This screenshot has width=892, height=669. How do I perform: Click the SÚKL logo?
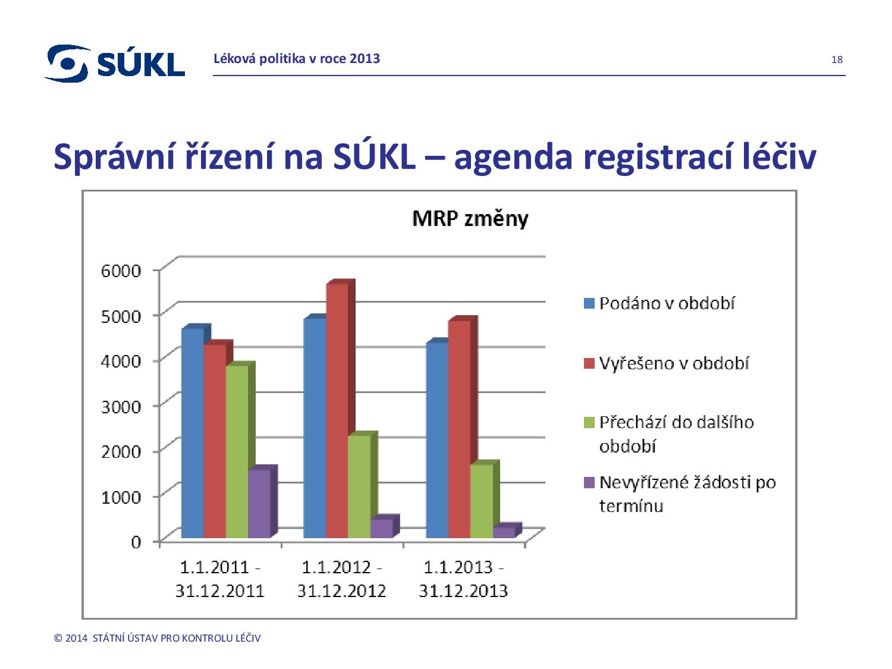pos(115,62)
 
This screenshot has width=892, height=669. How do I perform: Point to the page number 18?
pos(837,59)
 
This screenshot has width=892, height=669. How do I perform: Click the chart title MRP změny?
pos(470,219)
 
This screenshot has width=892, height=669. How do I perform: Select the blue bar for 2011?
pos(192,434)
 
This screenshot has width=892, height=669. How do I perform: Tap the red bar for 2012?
pos(337,410)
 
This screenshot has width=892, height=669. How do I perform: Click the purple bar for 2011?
pos(259,504)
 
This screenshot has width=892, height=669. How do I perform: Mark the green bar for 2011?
pos(237,451)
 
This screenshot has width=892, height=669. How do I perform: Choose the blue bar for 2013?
pos(437,440)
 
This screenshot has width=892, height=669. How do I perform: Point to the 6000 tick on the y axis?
pos(121,271)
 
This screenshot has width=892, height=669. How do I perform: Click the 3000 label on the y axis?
pos(121,406)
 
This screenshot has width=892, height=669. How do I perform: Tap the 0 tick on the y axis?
pos(136,542)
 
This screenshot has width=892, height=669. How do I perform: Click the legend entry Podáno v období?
pos(667,303)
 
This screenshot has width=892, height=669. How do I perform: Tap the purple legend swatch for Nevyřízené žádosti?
pos(589,483)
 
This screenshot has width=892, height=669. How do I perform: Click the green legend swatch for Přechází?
pos(589,423)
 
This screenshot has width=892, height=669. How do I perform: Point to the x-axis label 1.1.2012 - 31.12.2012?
pos(341,579)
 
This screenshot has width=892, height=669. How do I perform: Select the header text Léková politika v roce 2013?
pos(297,58)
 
